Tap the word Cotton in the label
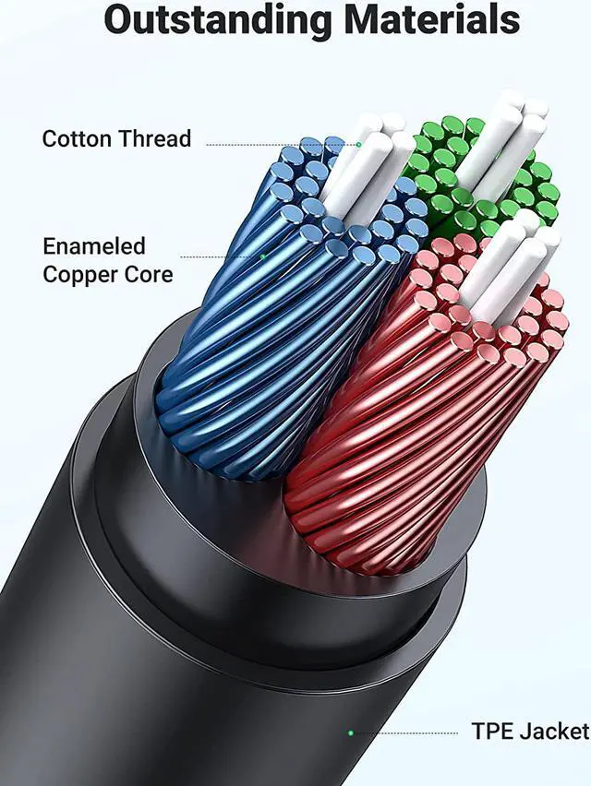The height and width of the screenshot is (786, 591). tap(78, 139)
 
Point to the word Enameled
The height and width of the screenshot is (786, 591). tap(94, 246)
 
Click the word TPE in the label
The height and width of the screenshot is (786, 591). tap(493, 732)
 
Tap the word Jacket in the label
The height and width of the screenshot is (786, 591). tap(555, 732)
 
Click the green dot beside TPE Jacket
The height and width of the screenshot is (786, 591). tap(350, 732)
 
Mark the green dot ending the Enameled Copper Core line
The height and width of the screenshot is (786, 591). tap(263, 256)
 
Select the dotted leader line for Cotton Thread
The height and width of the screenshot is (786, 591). tap(277, 145)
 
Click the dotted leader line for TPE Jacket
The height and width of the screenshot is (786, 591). tap(406, 732)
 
